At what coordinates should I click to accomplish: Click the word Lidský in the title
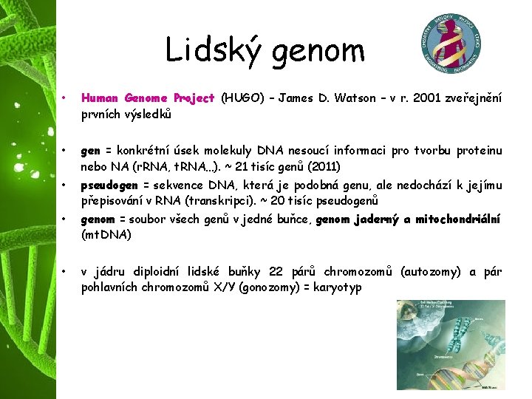[x=214, y=50]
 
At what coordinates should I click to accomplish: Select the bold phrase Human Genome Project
[x=148, y=98]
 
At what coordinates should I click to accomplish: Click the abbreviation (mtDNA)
[x=106, y=235]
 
